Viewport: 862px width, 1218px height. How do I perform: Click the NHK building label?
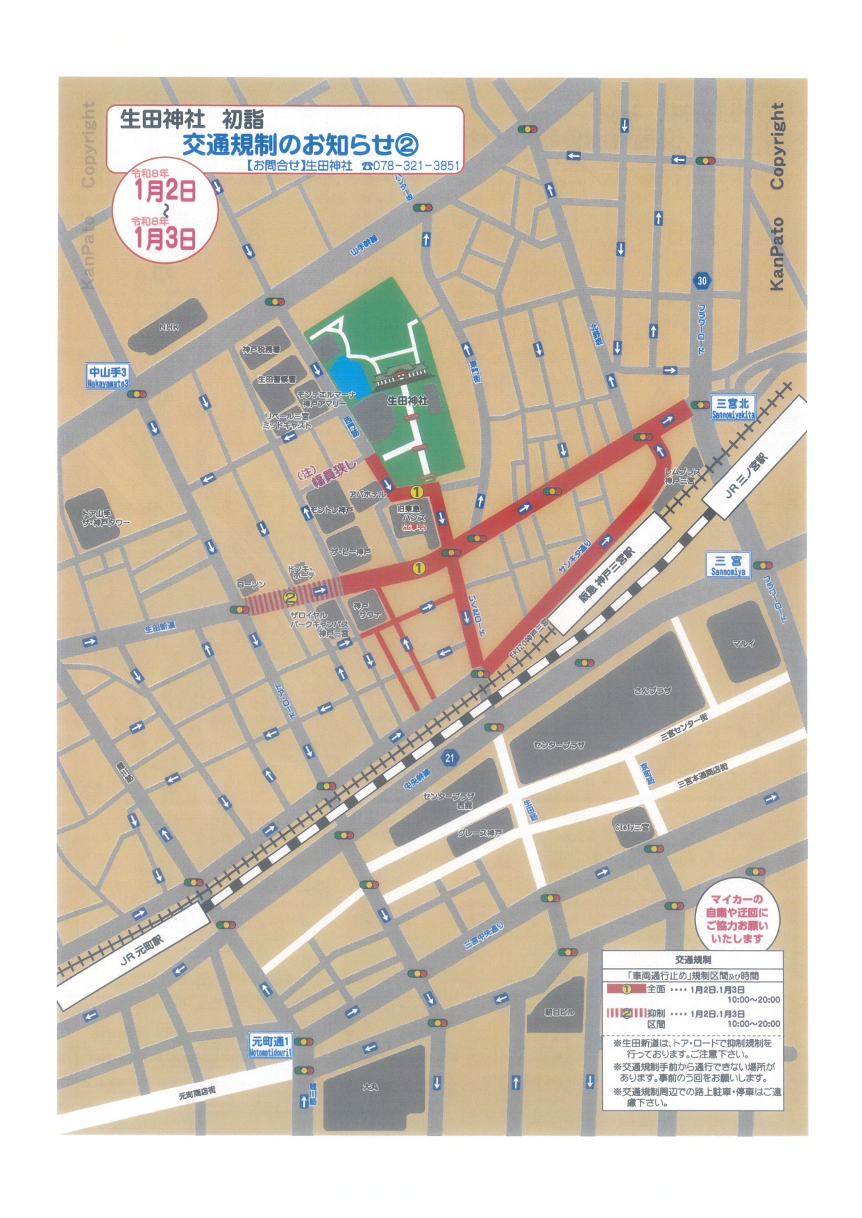169,327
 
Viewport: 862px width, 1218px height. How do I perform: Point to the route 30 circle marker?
702,281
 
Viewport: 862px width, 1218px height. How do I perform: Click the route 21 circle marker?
449,757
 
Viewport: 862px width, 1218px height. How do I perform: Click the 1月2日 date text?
164,191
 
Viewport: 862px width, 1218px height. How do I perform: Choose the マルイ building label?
743,643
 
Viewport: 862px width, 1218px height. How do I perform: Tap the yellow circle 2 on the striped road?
291,595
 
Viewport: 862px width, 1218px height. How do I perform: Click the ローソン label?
251,585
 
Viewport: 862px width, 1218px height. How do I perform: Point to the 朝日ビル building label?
559,1012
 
